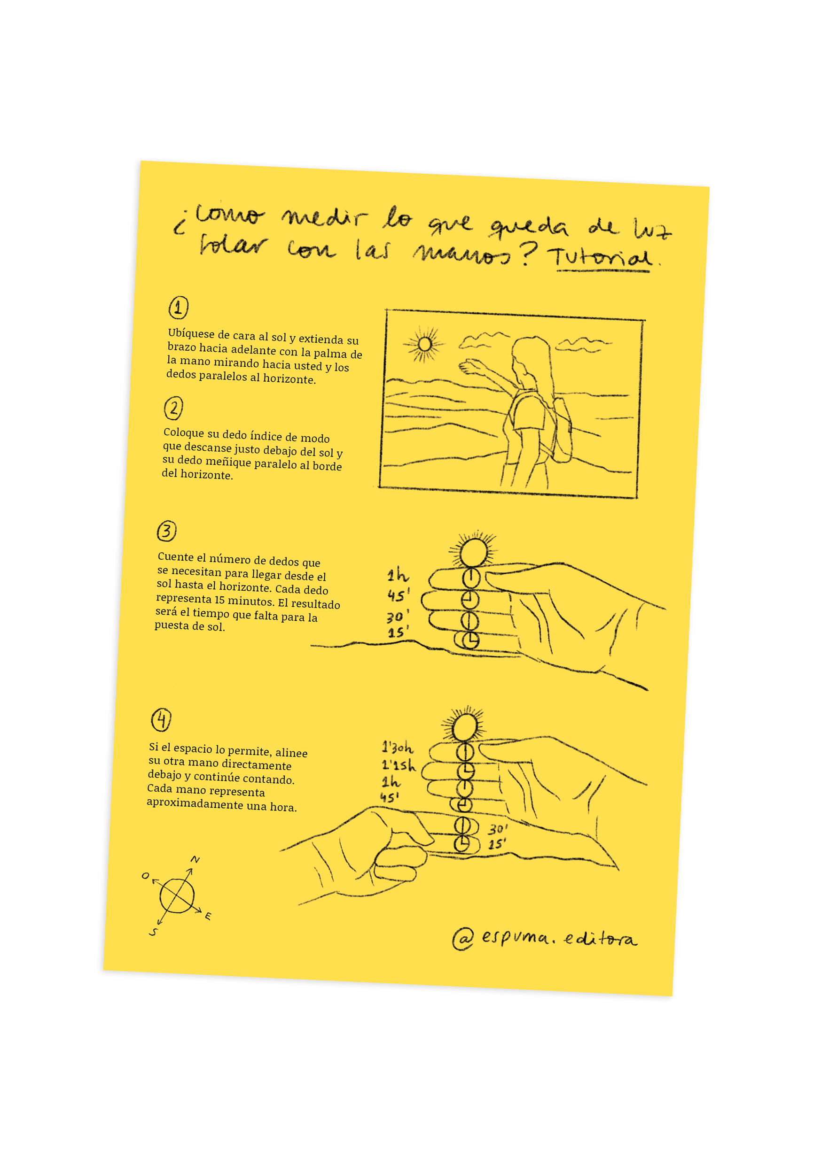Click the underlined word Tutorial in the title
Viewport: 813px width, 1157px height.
[x=602, y=258]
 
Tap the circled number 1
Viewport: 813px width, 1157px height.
[x=179, y=308]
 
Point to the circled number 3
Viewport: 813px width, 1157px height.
[x=167, y=531]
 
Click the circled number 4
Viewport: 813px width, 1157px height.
[x=161, y=719]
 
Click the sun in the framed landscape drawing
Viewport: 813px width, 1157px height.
[x=424, y=344]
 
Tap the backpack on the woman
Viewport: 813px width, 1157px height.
[x=561, y=429]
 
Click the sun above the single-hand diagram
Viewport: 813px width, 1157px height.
[x=474, y=551]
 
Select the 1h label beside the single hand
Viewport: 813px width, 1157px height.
[x=398, y=574]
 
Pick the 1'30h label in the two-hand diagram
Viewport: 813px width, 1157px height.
[x=398, y=747]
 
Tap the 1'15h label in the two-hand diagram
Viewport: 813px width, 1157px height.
[x=399, y=764]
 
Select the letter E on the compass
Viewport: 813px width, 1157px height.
[x=208, y=916]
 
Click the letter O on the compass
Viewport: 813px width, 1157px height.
[x=145, y=876]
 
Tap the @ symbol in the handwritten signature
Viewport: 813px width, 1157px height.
[x=463, y=938]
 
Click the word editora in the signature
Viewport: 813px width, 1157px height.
[x=600, y=938]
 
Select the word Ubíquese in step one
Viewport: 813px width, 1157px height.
[x=191, y=333]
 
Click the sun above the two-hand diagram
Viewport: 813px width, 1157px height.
[x=464, y=726]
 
